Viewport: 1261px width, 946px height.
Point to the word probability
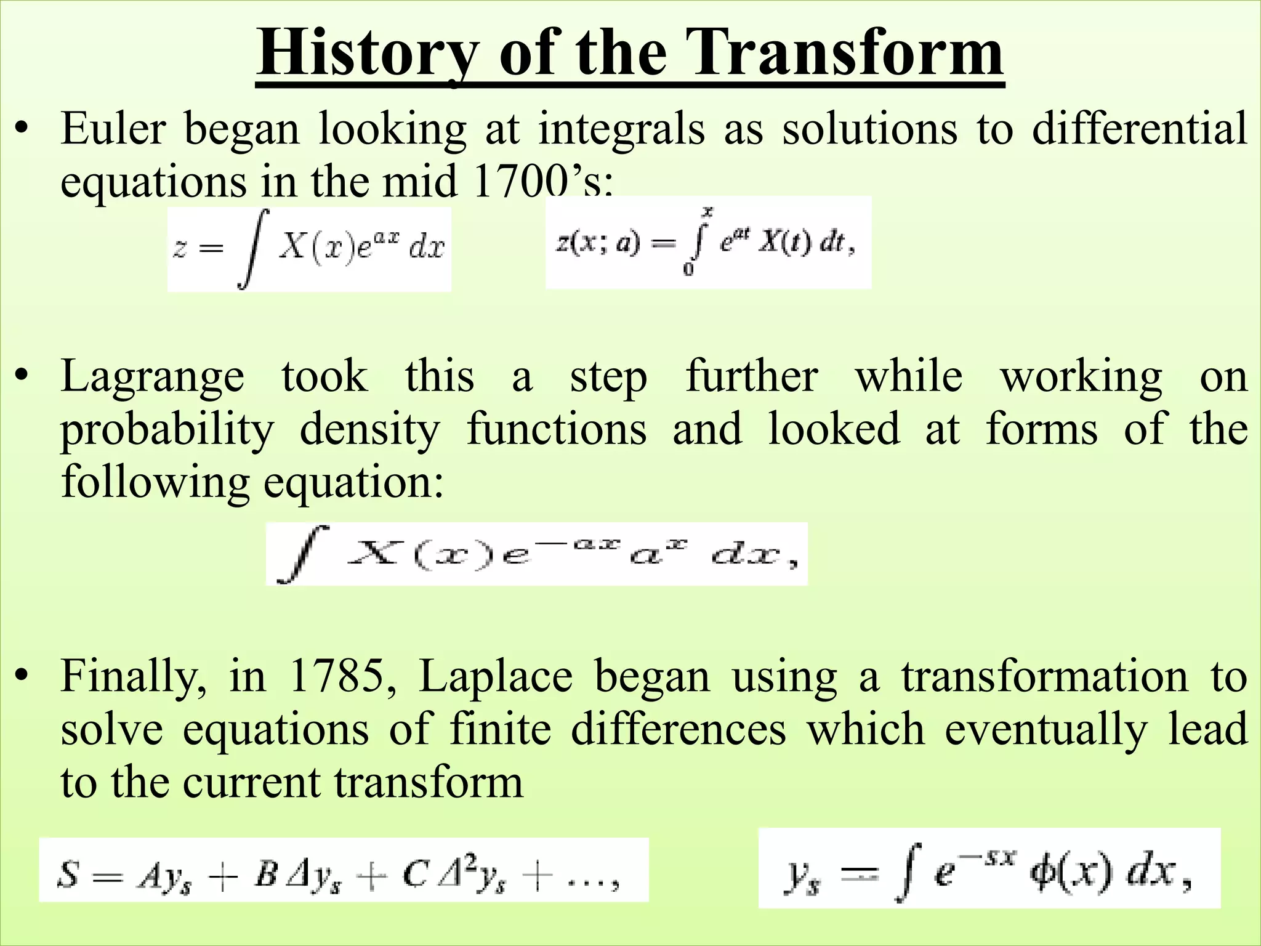(167, 430)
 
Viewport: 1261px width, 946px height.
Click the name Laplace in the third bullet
(496, 676)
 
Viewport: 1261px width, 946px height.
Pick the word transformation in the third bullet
(1045, 676)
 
